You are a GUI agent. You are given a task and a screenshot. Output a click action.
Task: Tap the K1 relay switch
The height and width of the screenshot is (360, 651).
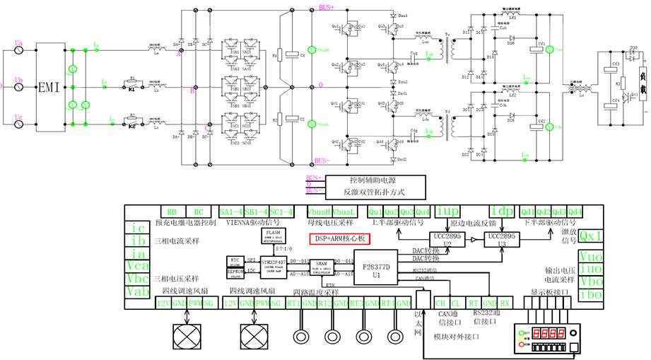coord(132,90)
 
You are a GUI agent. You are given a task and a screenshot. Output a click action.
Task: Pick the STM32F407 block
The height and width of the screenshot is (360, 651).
coord(274,265)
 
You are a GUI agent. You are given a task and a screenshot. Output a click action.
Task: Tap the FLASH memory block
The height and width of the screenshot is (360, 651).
coord(273,235)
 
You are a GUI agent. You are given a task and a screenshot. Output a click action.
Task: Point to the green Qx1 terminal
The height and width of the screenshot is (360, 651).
coord(591,236)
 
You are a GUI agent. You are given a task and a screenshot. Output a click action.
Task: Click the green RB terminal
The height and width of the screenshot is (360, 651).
coord(172,211)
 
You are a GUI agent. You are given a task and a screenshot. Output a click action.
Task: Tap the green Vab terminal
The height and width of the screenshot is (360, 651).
coord(140,291)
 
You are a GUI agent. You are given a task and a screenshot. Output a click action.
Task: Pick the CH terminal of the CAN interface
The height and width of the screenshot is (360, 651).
coord(442,303)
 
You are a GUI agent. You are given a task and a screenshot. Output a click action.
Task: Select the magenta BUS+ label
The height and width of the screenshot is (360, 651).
coord(327,7)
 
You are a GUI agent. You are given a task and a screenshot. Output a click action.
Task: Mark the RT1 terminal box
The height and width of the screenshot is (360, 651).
coord(293,303)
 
